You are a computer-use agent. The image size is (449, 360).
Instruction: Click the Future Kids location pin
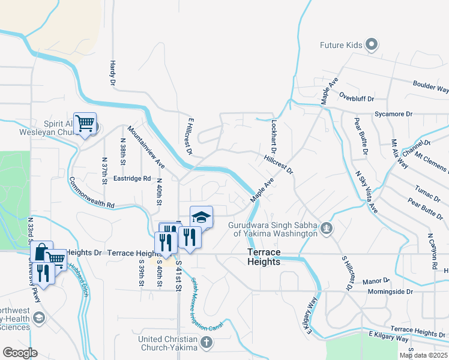coord(372,45)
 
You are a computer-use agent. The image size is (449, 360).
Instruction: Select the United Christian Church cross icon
coord(206,343)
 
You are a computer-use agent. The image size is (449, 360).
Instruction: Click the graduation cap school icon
coord(202,217)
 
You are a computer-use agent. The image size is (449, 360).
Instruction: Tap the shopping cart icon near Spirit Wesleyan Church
coord(85,124)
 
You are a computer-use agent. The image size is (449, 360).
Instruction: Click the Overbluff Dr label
coord(357,98)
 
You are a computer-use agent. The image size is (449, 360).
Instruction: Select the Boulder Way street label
coord(430,87)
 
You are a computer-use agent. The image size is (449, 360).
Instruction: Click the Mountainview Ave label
coord(146,146)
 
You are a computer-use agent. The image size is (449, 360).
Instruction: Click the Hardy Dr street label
coord(112,73)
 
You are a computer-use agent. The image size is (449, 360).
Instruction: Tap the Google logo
coord(20,353)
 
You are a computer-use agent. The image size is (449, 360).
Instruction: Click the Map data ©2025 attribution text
coord(423,355)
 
